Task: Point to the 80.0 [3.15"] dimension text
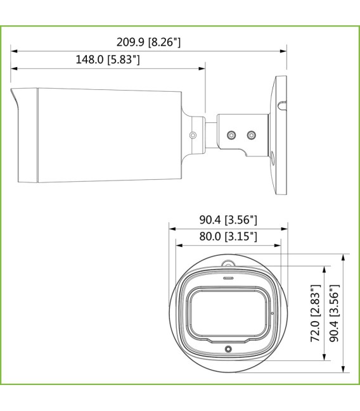coord(228,236)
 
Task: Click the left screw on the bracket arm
coord(231,135)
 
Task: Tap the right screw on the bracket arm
coord(252,135)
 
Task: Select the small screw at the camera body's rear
coord(193,135)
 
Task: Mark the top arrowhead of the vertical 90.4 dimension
coord(343,256)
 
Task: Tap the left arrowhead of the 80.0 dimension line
coord(177,244)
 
